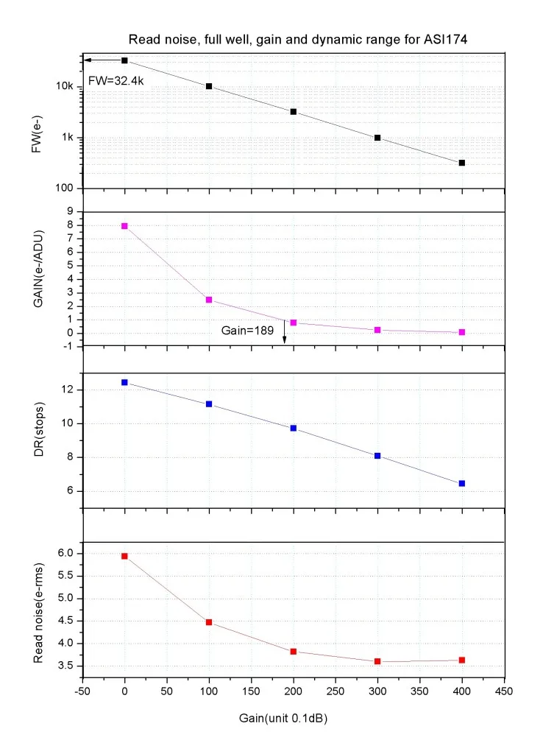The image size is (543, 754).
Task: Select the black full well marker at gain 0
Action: tap(124, 60)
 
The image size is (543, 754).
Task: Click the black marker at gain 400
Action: tap(462, 163)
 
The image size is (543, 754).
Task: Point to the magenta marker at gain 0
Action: tap(124, 226)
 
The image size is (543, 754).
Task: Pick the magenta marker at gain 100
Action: tap(209, 300)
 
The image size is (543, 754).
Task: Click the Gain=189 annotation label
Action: tap(249, 331)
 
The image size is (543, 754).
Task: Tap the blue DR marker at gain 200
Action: tap(294, 428)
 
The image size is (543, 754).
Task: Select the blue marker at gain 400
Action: tap(462, 483)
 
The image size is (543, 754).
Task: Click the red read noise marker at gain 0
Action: tap(124, 556)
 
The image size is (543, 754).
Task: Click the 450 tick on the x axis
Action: tap(504, 692)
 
